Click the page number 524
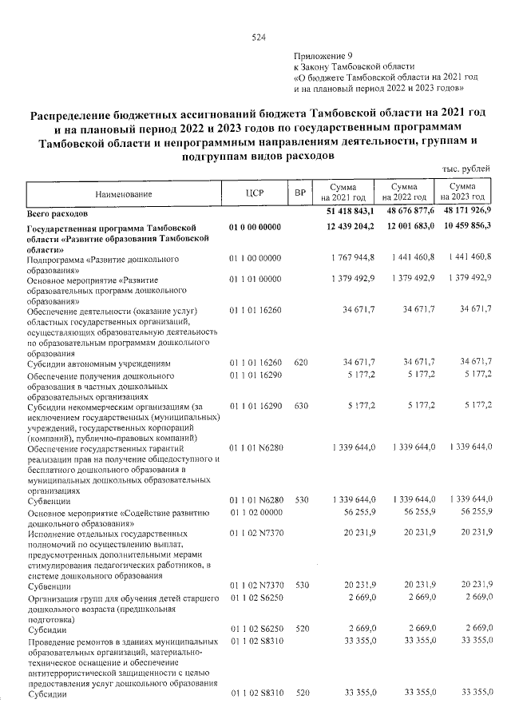pyautogui.click(x=257, y=37)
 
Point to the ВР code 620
pyautogui.click(x=300, y=362)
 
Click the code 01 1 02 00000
pyautogui.click(x=255, y=511)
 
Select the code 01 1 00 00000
pyautogui.click(x=255, y=257)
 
